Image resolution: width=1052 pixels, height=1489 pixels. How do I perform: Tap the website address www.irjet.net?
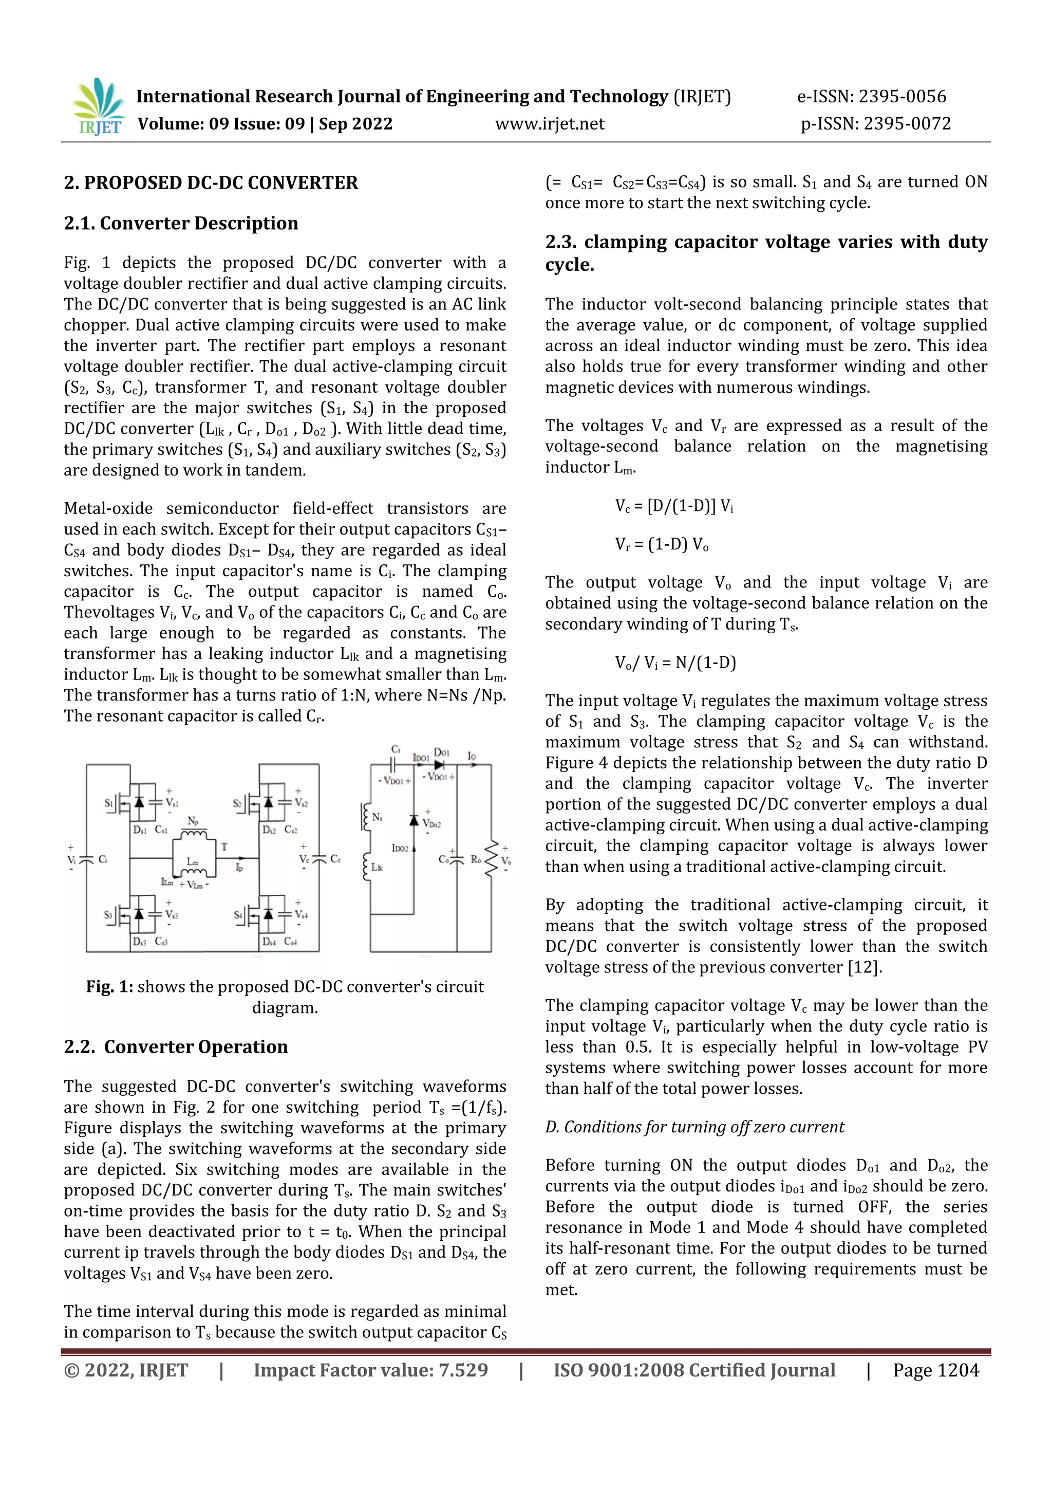point(549,124)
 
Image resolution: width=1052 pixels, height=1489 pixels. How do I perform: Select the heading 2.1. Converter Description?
point(181,223)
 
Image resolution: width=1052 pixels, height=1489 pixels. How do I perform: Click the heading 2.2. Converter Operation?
point(176,1046)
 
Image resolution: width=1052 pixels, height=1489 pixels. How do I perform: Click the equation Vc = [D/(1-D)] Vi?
point(673,506)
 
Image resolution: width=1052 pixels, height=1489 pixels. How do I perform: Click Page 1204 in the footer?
point(935,1370)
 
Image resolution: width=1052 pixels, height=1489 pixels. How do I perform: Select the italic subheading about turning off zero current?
point(694,1127)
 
